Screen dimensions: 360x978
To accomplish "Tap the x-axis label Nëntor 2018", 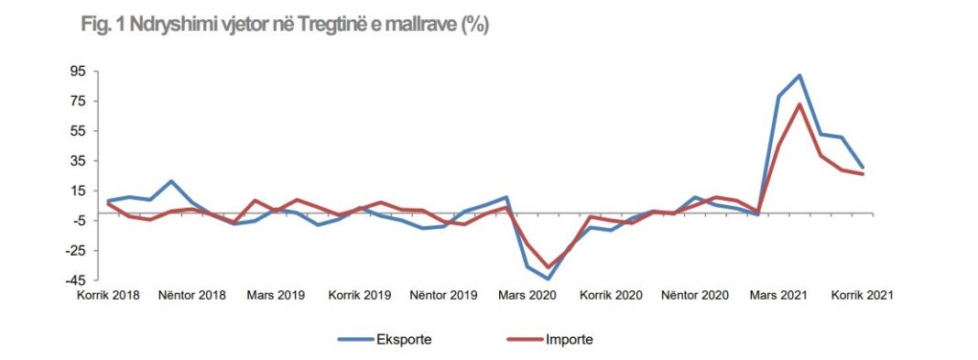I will [x=191, y=296].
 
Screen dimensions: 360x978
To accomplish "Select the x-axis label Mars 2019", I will [x=276, y=296].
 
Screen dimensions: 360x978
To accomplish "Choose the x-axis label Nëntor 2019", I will [x=443, y=296].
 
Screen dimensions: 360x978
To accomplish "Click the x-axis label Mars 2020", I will [x=528, y=296].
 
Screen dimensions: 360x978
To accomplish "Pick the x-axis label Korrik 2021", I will [x=862, y=296].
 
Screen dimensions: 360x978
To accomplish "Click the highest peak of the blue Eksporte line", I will [x=799, y=76].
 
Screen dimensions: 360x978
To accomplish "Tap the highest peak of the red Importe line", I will [x=799, y=104].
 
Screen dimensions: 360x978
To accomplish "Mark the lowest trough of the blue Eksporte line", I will [x=548, y=278].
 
